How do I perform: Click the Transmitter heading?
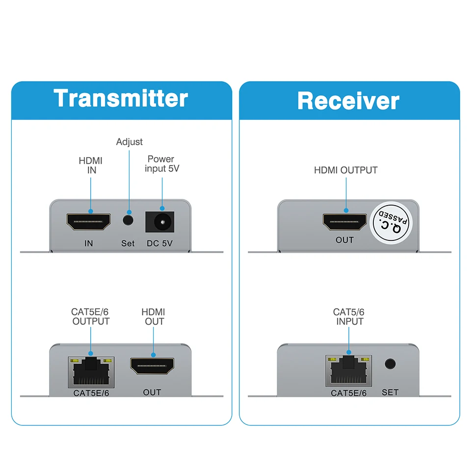click(121, 98)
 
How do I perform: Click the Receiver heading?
click(348, 101)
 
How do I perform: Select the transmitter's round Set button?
click(129, 219)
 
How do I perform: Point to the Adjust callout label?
click(129, 142)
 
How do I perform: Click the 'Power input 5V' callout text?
click(161, 164)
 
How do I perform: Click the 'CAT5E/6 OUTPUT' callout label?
click(91, 316)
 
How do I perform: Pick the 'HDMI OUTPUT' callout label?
click(346, 170)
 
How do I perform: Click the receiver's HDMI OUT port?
click(345, 223)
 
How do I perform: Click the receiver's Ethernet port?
click(348, 371)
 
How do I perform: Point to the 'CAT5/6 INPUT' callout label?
click(349, 316)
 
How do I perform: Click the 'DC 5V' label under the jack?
click(160, 243)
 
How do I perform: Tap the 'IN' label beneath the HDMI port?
click(89, 243)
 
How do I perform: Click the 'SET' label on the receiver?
click(390, 392)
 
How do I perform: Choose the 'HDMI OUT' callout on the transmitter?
click(153, 316)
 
